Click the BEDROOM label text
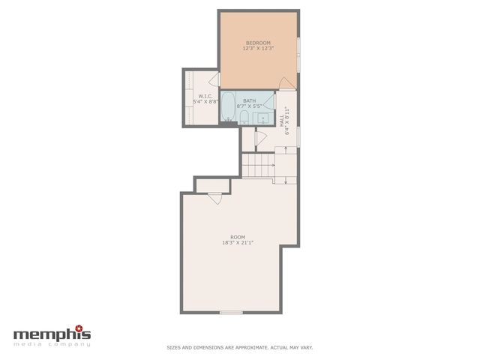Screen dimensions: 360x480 (x=259, y=43)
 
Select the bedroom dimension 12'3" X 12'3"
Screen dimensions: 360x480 (x=259, y=49)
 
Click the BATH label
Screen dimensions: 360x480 (x=250, y=100)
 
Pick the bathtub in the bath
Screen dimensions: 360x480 (x=227, y=107)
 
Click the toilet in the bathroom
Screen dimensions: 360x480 (x=244, y=115)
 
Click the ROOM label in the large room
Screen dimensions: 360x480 (x=238, y=237)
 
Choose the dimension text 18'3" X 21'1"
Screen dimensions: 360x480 (x=238, y=243)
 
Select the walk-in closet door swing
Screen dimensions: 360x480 (x=214, y=79)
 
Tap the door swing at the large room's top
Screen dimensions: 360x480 (x=215, y=198)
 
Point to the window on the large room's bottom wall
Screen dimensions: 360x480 (x=231, y=312)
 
